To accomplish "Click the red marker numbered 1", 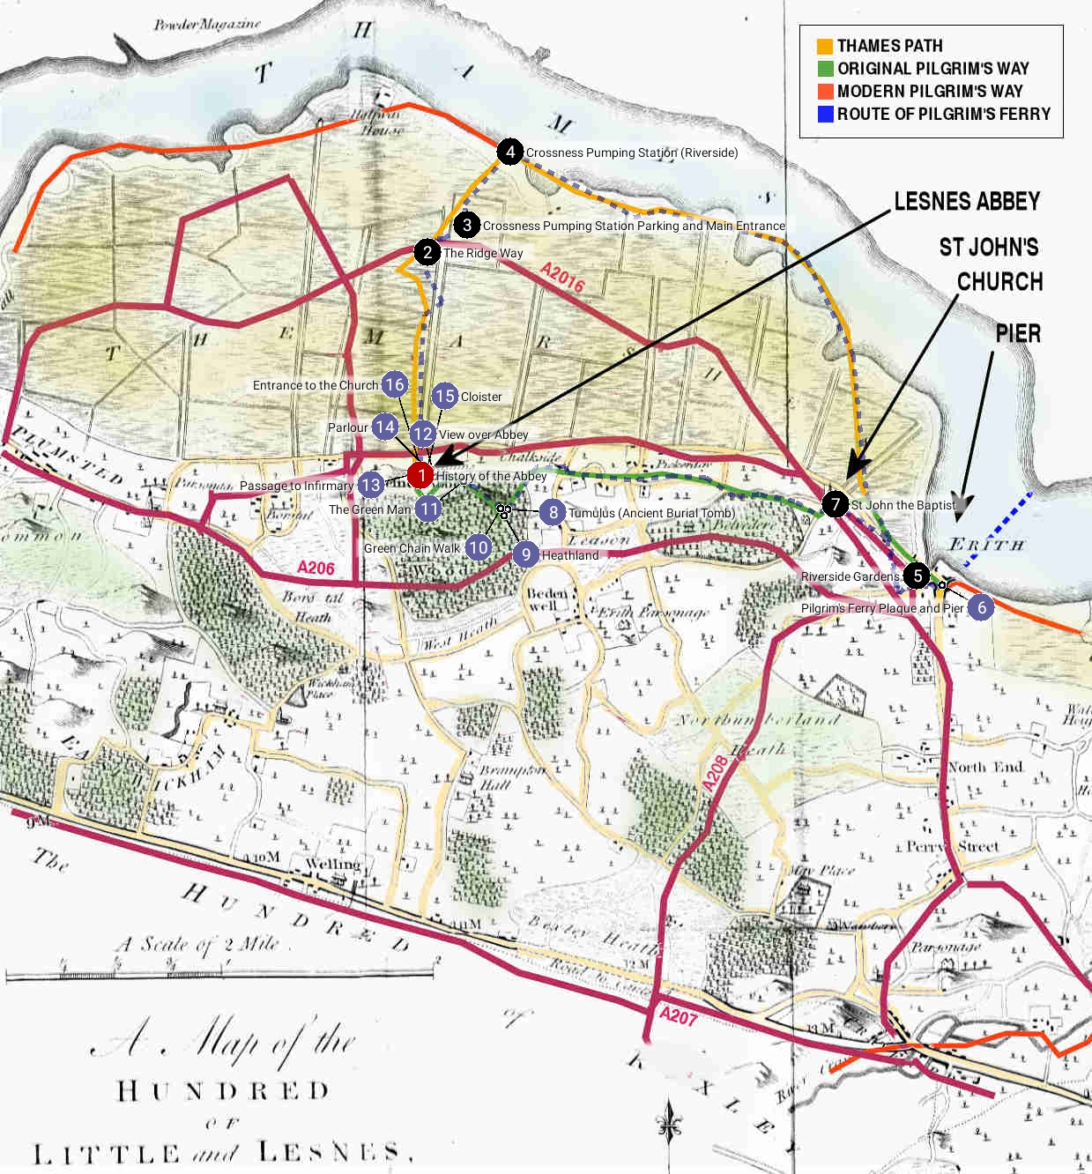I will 420,476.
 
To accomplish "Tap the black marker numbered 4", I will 510,152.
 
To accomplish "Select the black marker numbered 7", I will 835,504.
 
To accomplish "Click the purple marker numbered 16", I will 394,384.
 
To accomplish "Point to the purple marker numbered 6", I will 980,607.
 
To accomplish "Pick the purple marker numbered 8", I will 552,512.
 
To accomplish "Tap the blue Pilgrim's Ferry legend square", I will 825,114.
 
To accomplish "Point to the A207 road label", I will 678,1016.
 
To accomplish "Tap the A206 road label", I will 316,568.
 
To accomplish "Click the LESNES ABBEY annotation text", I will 967,202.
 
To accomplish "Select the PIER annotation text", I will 1018,334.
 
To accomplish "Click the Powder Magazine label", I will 207,25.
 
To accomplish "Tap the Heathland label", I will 570,555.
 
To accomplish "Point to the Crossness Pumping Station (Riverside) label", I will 632,152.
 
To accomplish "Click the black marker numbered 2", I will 427,252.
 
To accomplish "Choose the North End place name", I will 985,767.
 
